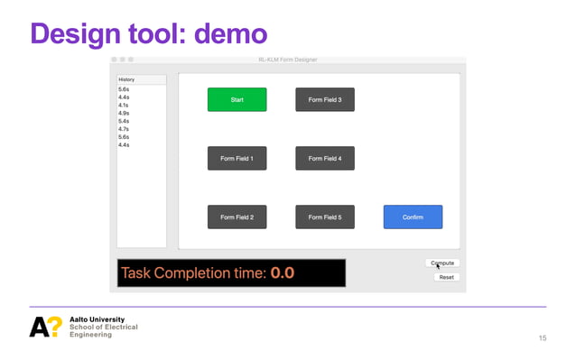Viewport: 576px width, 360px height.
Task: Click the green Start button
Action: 237,99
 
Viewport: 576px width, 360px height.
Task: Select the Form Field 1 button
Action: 237,158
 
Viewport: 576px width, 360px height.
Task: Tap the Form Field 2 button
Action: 237,217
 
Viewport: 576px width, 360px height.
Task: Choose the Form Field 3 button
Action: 324,99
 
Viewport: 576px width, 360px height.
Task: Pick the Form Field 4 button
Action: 324,158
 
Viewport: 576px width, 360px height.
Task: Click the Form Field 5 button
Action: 324,217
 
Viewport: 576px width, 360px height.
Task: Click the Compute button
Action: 442,263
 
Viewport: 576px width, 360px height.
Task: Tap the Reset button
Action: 446,277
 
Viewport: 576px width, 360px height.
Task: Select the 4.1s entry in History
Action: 124,105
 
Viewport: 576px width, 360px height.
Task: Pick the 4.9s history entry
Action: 124,113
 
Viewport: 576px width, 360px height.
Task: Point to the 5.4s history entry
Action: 124,121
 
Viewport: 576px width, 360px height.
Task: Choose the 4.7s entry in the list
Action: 124,129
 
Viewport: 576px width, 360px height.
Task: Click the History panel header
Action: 141,79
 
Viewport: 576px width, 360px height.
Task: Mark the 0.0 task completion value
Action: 283,272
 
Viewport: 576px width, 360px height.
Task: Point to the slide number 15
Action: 542,337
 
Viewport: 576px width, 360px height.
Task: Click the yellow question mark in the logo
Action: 55,327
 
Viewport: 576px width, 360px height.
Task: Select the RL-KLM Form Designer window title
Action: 287,60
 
